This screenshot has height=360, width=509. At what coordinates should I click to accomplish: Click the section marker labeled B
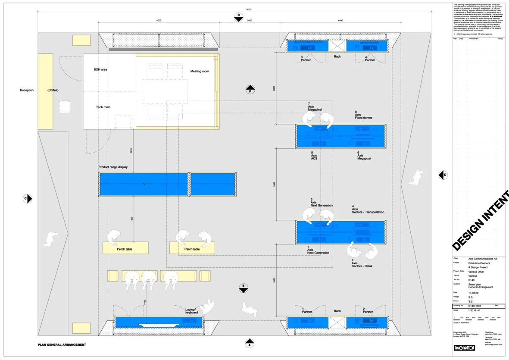pyautogui.click(x=238, y=17)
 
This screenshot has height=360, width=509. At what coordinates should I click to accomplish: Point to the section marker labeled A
pyautogui.click(x=249, y=344)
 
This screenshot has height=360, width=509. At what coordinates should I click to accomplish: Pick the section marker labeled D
pyautogui.click(x=443, y=175)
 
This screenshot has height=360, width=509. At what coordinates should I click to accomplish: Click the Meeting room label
pyautogui.click(x=200, y=71)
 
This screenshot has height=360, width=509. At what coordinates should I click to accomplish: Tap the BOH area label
pyautogui.click(x=100, y=69)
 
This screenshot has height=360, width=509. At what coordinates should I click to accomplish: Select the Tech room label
pyautogui.click(x=103, y=107)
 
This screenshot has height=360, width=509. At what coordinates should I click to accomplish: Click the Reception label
pyautogui.click(x=27, y=90)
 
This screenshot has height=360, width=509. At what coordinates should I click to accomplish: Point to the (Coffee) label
pyautogui.click(x=53, y=90)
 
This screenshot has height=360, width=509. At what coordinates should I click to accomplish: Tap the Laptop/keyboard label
pyautogui.click(x=191, y=311)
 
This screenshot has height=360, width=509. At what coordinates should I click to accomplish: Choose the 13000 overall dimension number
pyautogui.click(x=248, y=9)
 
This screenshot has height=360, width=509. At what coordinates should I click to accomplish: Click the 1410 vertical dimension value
pyautogui.click(x=131, y=150)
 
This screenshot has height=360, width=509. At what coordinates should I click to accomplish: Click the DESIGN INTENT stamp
pyautogui.click(x=481, y=220)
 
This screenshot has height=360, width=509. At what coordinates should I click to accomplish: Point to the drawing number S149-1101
pyautogui.click(x=476, y=306)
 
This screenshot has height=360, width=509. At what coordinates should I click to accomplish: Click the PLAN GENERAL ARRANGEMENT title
pyautogui.click(x=62, y=345)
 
